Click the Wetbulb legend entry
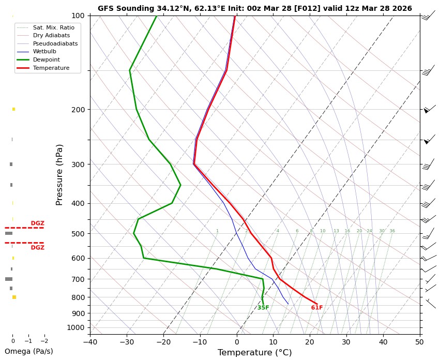[x=44, y=51]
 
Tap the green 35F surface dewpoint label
[x=263, y=308]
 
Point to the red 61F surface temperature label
[x=317, y=308]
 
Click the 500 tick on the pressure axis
[x=78, y=234]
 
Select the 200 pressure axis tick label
[x=78, y=110]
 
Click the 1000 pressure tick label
[x=76, y=327]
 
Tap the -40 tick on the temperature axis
[x=90, y=341]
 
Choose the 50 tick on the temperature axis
[x=420, y=341]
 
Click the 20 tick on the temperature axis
[x=310, y=341]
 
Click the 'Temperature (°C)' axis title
[x=254, y=352]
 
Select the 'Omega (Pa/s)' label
[x=28, y=351]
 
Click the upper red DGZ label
[x=37, y=223]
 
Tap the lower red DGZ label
[x=37, y=248]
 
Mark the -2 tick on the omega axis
[x=44, y=341]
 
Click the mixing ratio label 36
[x=392, y=231]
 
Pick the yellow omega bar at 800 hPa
[x=14, y=297]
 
